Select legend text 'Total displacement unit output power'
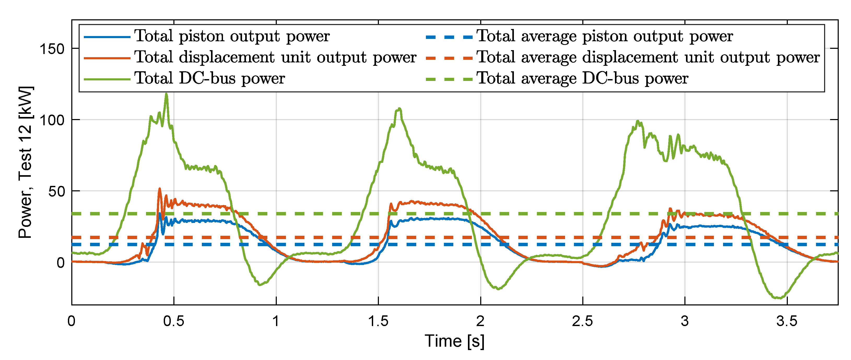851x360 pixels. click(x=275, y=57)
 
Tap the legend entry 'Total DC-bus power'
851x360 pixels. click(x=209, y=79)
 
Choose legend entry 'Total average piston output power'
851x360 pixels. click(x=604, y=36)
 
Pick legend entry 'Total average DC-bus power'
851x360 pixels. click(x=582, y=79)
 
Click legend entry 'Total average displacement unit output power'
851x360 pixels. click(x=648, y=57)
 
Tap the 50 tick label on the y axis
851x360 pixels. click(x=56, y=191)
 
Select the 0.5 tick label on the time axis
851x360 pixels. click(x=174, y=321)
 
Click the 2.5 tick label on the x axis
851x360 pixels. click(x=582, y=321)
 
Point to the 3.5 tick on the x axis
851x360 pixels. click(x=787, y=321)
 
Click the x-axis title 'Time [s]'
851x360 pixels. click(x=455, y=341)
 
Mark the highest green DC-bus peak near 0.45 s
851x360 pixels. click(x=166, y=94)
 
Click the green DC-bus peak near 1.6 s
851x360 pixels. click(x=400, y=109)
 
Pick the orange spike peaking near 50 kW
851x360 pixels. click(x=160, y=189)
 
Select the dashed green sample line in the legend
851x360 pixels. click(x=449, y=79)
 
